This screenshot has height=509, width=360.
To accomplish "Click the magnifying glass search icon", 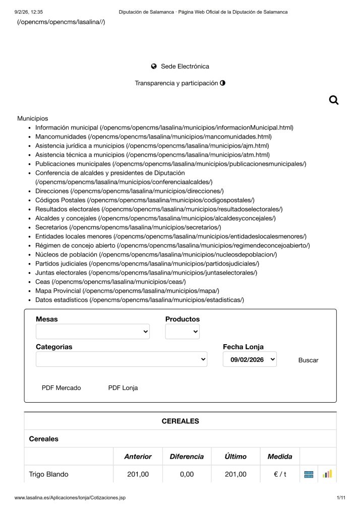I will tap(333, 100).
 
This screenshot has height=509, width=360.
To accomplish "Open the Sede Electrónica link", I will tap(180, 67).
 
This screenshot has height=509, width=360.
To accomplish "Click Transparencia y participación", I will tap(179, 83).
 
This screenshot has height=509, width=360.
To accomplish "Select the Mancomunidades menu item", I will tap(61, 137).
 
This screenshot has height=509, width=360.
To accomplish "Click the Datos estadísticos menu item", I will tap(62, 300).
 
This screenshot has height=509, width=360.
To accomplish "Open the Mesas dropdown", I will tap(93, 332).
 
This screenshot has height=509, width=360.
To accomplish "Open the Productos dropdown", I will tap(182, 332).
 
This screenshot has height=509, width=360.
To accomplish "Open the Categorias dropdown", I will tap(122, 359).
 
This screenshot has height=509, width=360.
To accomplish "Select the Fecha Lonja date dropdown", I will tap(250, 359).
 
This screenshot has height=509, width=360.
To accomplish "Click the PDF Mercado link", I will tap(61, 388).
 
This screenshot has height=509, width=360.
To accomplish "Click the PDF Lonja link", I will tap(123, 388).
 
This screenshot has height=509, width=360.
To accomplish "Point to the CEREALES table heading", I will tap(180, 421).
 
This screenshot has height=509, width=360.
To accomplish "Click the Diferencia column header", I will tap(187, 457).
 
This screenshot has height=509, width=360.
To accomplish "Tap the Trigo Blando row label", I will tap(49, 474).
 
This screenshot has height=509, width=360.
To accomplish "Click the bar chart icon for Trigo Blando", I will tap(327, 474).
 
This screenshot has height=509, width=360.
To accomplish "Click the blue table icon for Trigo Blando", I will tap(309, 474).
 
